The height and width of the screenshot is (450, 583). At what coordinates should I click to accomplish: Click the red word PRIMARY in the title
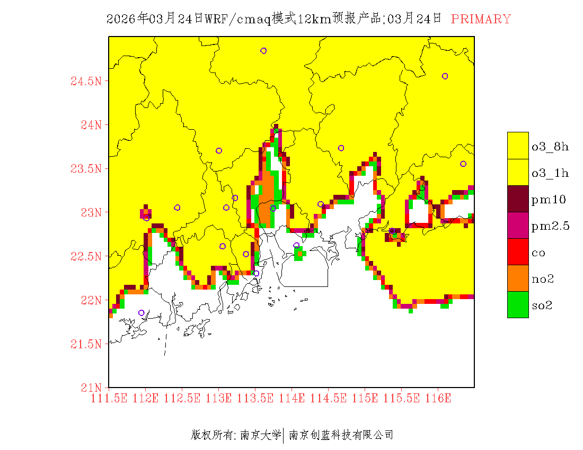click(481, 19)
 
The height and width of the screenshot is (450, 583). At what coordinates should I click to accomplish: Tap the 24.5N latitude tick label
click(86, 82)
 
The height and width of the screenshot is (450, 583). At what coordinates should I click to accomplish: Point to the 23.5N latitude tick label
click(86, 169)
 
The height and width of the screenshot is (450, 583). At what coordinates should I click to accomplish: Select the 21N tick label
click(91, 388)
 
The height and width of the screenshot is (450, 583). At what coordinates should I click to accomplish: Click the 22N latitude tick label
click(91, 300)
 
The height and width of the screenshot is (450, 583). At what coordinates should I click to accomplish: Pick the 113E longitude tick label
click(218, 398)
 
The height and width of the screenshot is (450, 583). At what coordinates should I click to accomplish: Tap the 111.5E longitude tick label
click(109, 398)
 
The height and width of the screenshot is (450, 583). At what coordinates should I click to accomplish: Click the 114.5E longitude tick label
click(328, 398)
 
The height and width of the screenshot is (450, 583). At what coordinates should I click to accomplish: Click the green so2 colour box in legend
click(518, 304)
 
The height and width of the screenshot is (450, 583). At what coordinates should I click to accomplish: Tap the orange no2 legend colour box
click(518, 278)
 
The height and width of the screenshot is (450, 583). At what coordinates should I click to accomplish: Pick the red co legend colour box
click(518, 251)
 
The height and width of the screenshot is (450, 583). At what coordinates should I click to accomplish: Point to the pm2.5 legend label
click(550, 226)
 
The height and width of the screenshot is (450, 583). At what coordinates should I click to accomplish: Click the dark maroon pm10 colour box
click(518, 199)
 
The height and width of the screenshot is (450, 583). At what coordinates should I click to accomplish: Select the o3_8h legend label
click(550, 147)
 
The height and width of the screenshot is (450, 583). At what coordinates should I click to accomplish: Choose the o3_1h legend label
click(550, 173)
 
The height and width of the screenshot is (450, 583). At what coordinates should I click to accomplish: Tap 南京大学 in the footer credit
click(260, 435)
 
